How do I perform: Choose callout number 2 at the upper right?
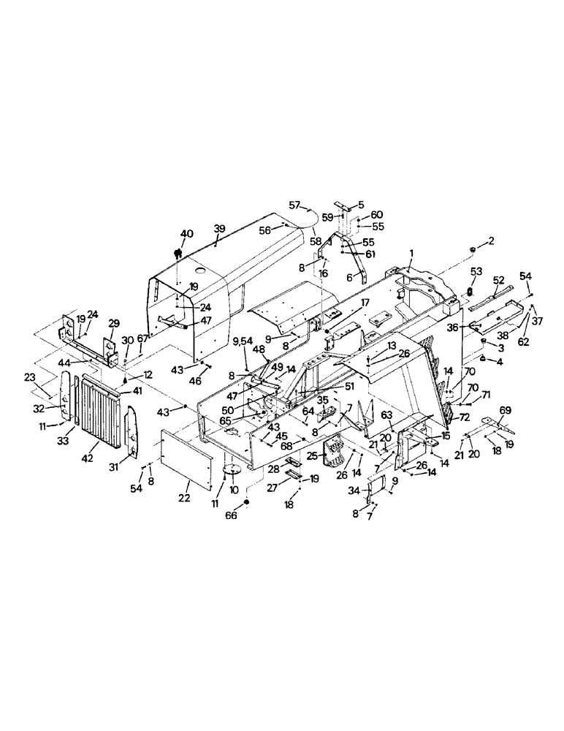[492, 240]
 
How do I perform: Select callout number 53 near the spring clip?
[476, 272]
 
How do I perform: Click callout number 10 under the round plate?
[234, 488]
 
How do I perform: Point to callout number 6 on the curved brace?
[350, 279]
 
